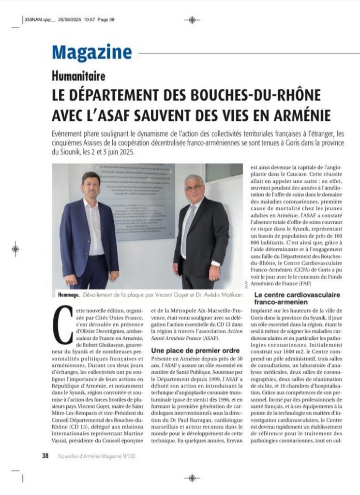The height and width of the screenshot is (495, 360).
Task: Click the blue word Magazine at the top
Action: tap(92, 52)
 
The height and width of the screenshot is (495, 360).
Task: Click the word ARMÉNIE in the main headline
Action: tap(300, 115)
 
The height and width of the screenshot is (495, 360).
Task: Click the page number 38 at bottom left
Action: tap(45, 455)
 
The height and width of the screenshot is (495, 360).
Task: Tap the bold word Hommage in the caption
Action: tap(66, 294)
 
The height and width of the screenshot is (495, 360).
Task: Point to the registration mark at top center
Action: tap(192, 20)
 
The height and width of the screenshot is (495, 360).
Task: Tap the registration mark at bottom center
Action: tap(192, 478)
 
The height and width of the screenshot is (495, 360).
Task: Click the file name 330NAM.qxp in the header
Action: tap(38, 20)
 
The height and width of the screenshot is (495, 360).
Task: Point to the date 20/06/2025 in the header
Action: tap(70, 20)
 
